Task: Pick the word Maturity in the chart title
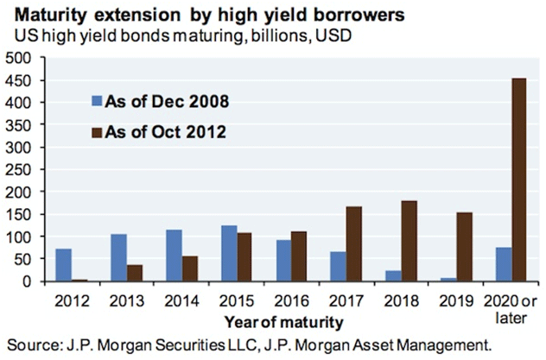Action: tap(44, 15)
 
